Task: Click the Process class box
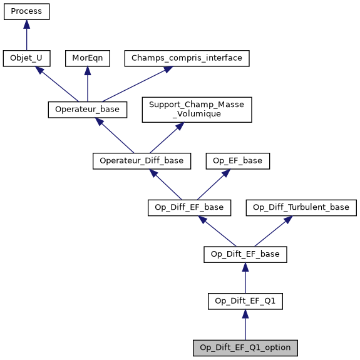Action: click(x=26, y=12)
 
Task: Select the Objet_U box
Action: click(x=26, y=58)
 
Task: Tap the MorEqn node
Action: click(x=87, y=58)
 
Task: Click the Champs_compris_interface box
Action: click(x=187, y=58)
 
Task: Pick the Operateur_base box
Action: click(x=88, y=110)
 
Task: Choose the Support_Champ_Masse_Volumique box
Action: click(x=197, y=110)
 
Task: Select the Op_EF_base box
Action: click(x=238, y=161)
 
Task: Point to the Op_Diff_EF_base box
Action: click(x=190, y=207)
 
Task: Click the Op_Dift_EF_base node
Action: click(x=245, y=254)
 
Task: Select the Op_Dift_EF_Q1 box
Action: click(x=245, y=301)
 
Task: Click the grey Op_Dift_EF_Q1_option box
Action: click(x=245, y=347)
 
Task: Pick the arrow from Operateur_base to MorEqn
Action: click(x=87, y=84)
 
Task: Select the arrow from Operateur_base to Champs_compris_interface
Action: click(x=134, y=85)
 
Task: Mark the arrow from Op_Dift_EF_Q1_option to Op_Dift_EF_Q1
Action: click(x=245, y=324)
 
